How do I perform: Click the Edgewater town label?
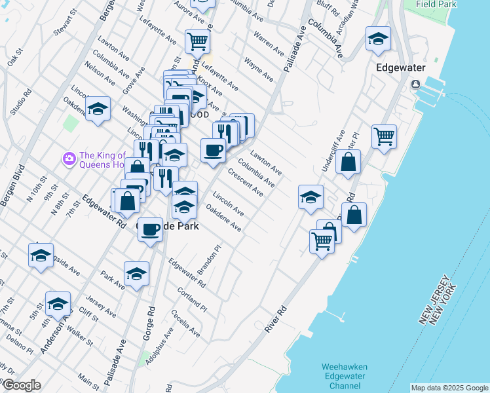(x=401, y=67)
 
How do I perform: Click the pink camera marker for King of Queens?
(x=68, y=159)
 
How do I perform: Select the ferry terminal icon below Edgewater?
(x=415, y=85)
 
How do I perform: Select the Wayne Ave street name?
(x=258, y=69)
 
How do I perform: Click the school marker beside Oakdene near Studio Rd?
(x=98, y=109)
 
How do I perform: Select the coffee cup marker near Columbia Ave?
(x=213, y=151)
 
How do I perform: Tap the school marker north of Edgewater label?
(x=378, y=39)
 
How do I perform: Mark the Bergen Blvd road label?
(x=12, y=186)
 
